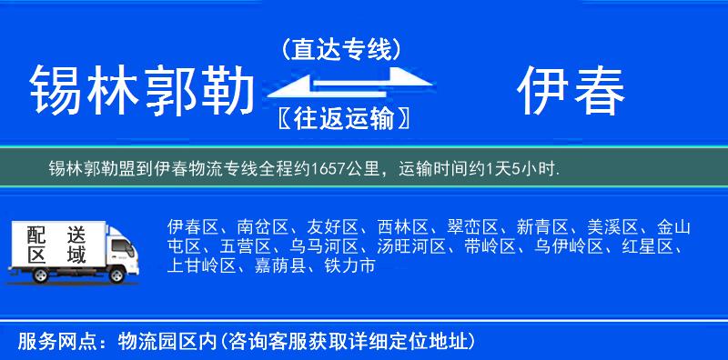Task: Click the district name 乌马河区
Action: (x=323, y=246)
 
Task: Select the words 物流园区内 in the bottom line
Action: (x=165, y=342)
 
